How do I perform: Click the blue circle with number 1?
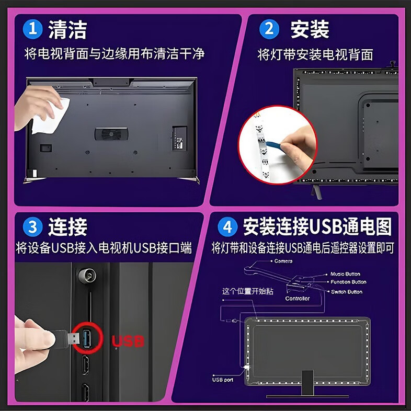click(32, 29)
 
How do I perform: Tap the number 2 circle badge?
click(269, 29)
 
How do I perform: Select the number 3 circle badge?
click(32, 227)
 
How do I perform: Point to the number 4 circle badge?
click(227, 227)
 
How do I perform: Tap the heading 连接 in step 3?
click(67, 227)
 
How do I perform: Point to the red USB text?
click(128, 341)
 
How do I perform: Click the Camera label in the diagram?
click(283, 261)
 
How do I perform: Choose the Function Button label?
click(348, 282)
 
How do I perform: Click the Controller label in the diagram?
click(298, 299)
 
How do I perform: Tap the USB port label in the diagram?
click(222, 379)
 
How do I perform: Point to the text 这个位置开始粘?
click(241, 291)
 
